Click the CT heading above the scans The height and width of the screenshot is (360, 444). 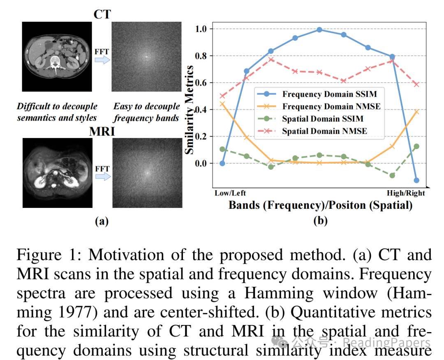tap(102, 14)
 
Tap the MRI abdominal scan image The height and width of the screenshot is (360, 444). tap(57, 172)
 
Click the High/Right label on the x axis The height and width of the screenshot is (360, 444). tap(406, 193)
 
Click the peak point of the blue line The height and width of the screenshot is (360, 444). tap(319, 30)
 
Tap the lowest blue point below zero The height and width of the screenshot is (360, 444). tap(416, 180)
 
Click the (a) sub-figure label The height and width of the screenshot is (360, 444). tap(102, 222)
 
